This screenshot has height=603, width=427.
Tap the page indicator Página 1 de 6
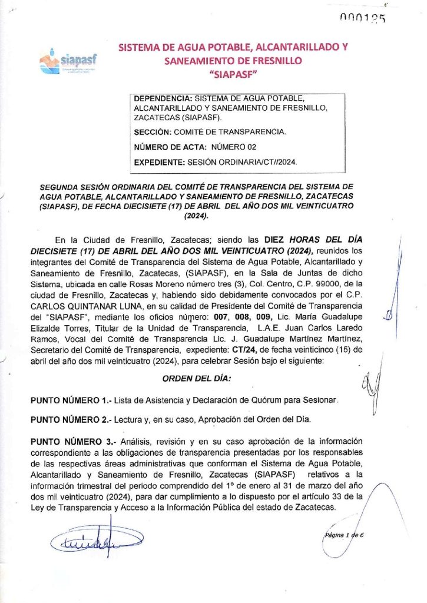(x=345, y=536)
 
